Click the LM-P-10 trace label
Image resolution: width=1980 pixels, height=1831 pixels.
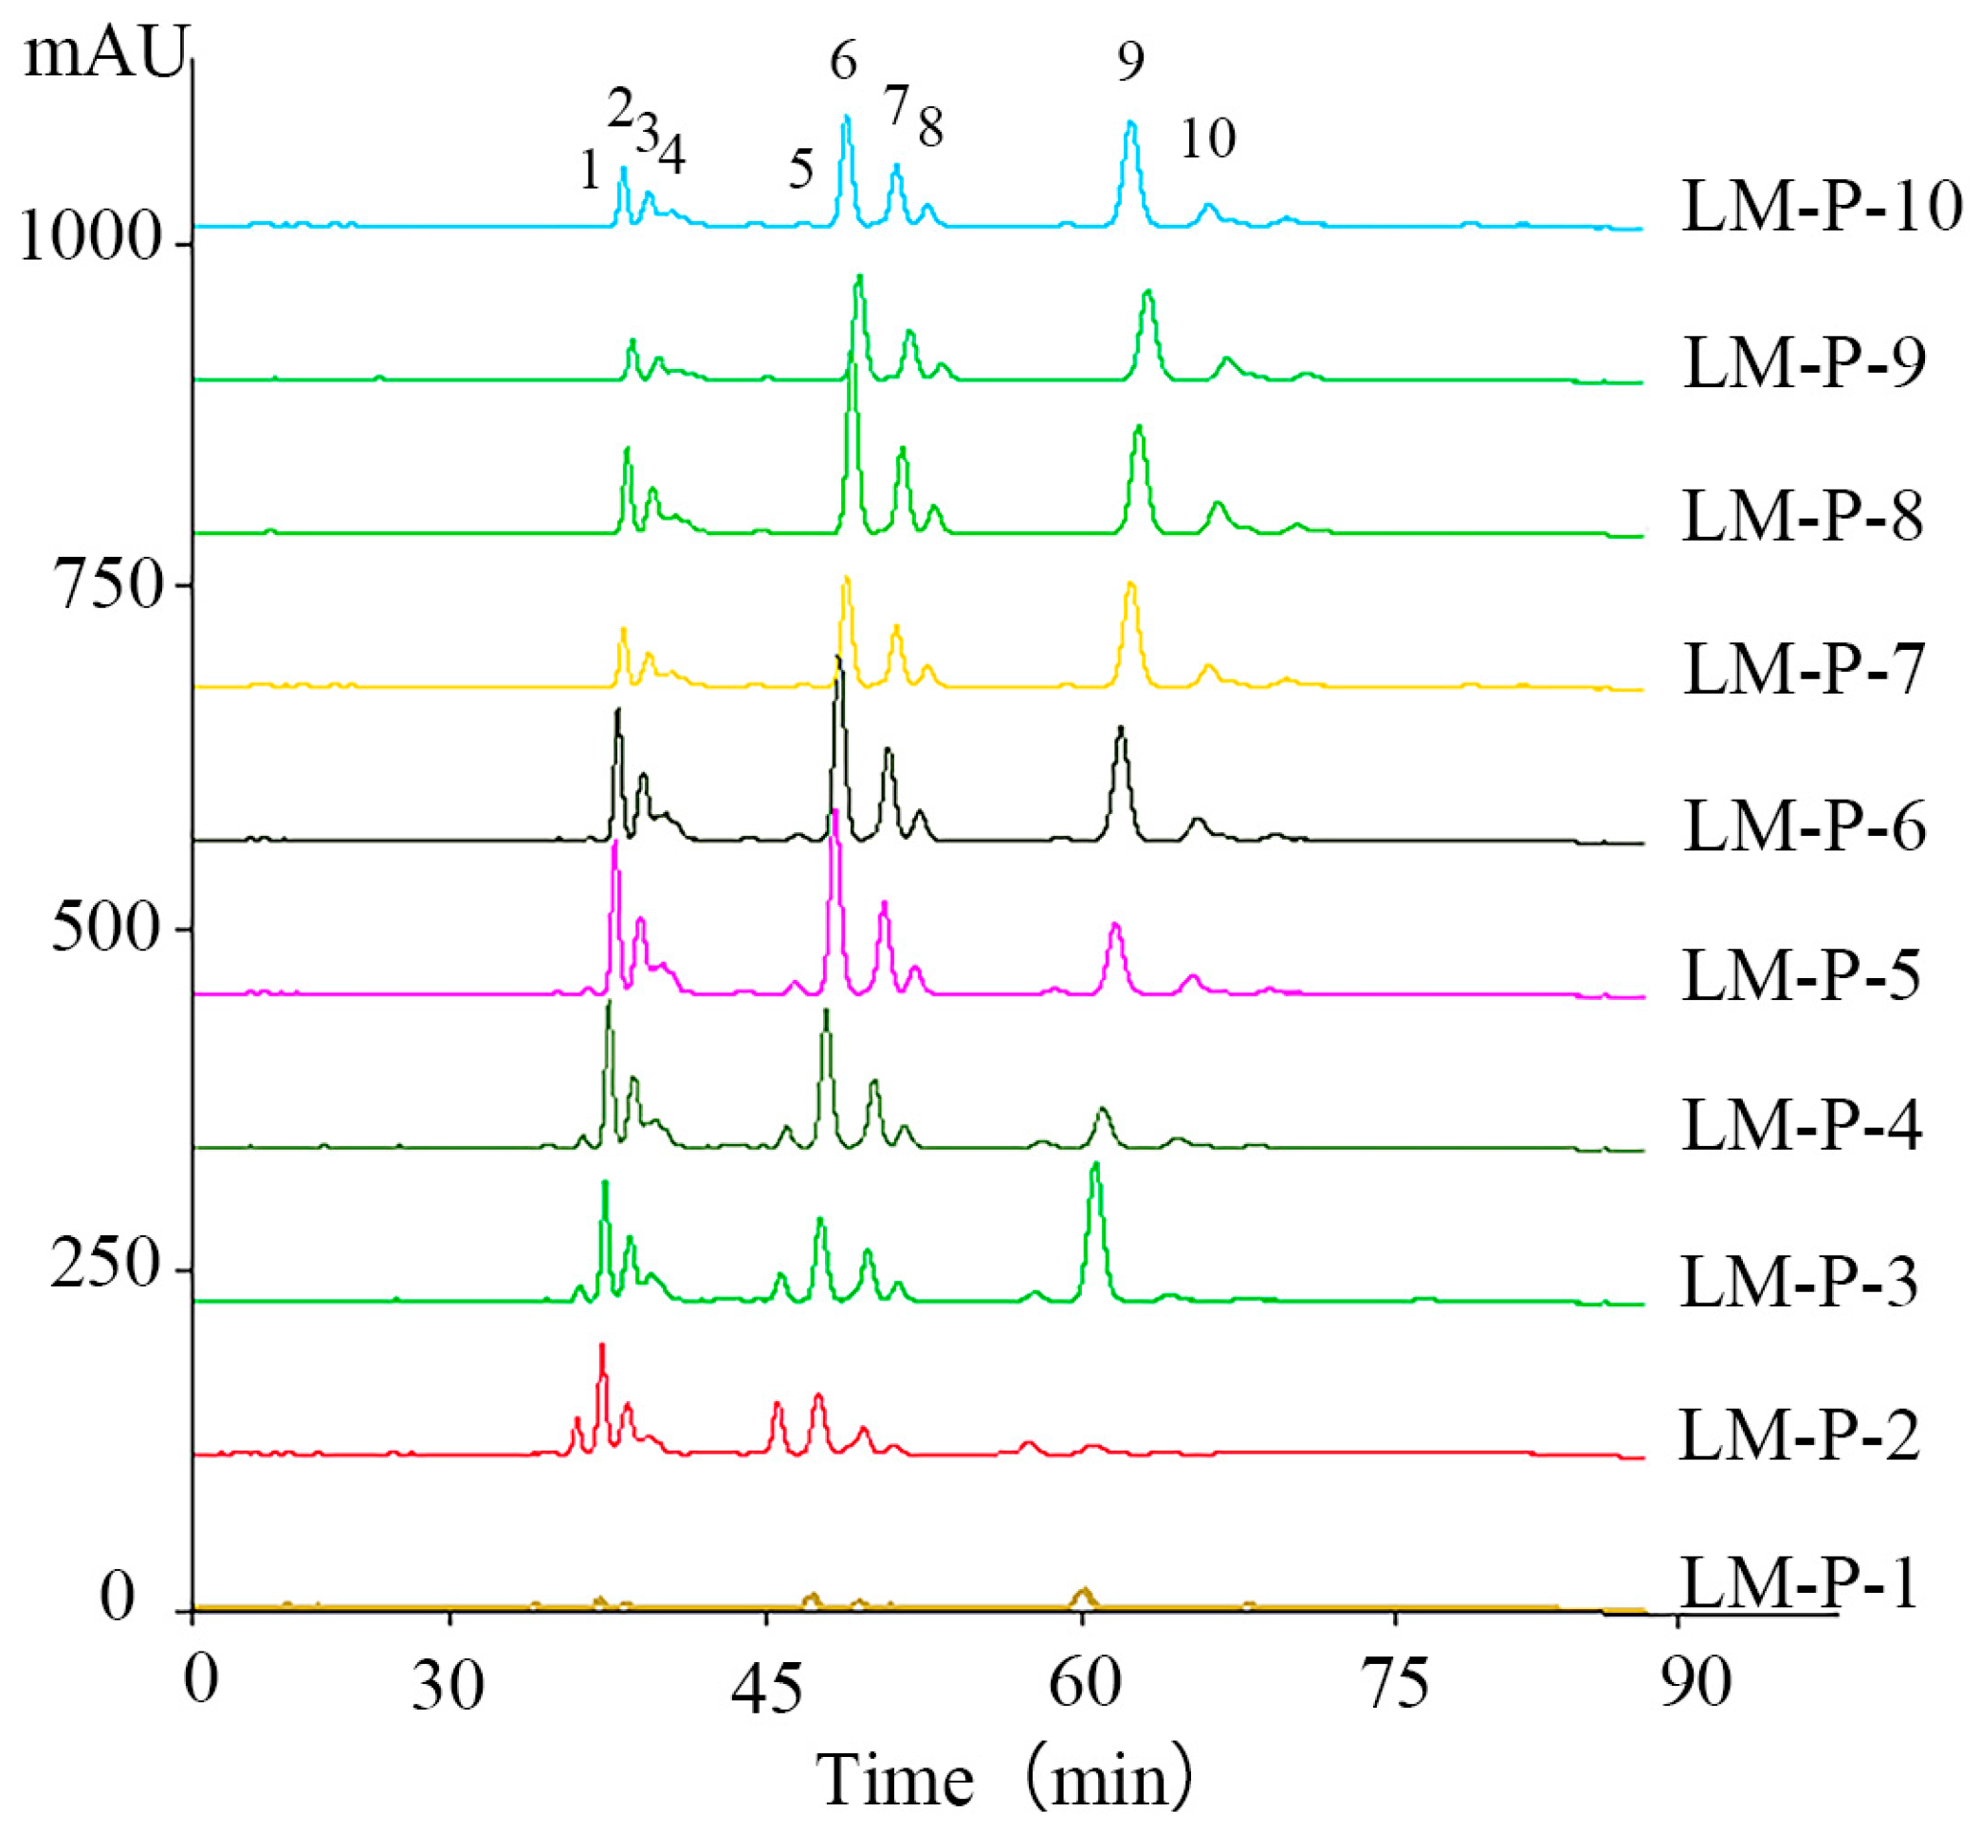1821,207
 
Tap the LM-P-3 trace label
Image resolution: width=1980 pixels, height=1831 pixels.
1799,1282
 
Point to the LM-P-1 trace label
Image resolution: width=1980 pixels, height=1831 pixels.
1799,1583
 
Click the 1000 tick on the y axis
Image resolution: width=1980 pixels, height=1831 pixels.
90,239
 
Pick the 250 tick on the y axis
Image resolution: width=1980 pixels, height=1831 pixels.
104,1266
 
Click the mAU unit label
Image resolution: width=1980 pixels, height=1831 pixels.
104,54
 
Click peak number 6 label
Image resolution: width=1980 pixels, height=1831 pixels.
843,62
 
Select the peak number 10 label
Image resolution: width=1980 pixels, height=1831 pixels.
1207,139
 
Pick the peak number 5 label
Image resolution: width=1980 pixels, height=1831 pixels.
800,170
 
